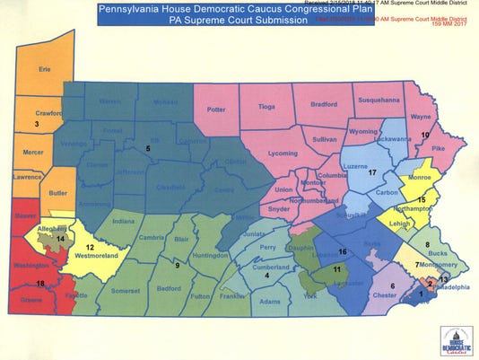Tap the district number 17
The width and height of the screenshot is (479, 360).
pos(371,171)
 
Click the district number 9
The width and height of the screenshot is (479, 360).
pos(177,265)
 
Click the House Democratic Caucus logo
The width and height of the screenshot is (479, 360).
pos(454,340)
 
